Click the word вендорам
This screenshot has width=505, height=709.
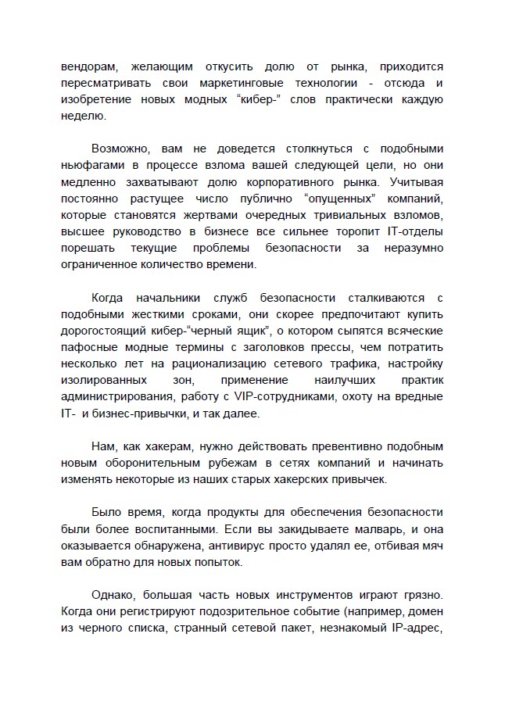88,66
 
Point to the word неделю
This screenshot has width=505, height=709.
81,116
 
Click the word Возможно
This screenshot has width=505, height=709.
122,149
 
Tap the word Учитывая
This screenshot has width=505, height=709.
416,181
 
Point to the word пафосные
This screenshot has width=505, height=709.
88,346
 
